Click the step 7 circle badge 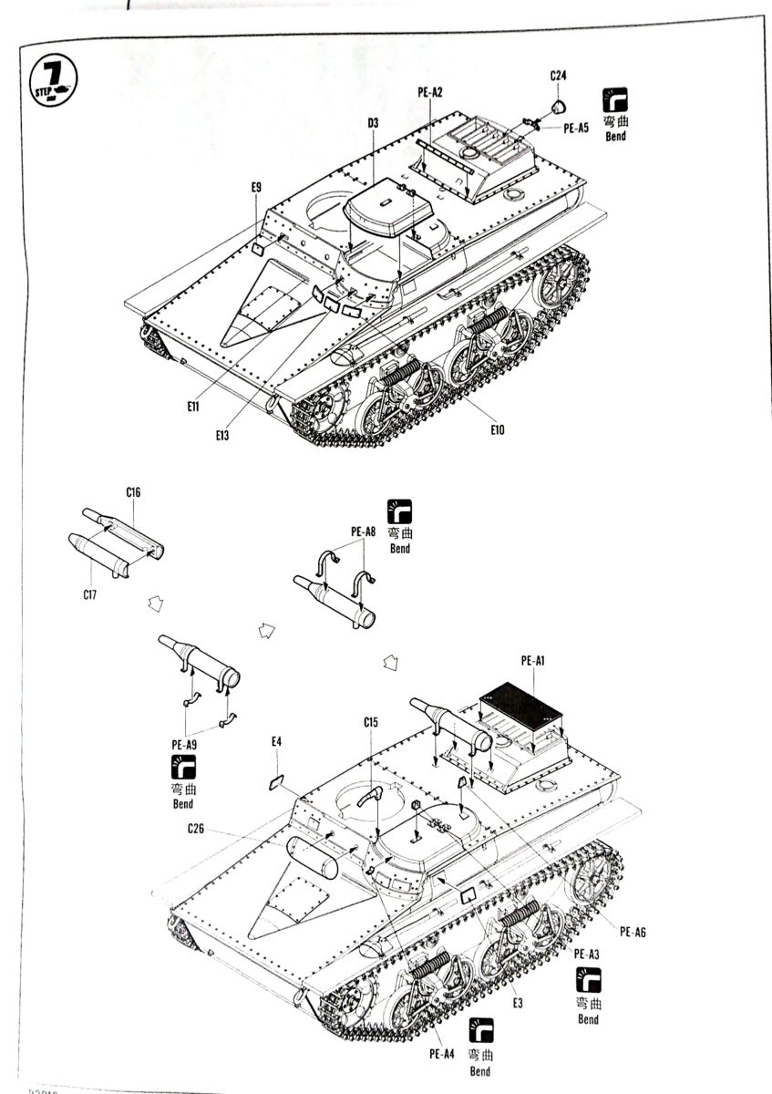[x=53, y=80]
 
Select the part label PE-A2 [x=429, y=92]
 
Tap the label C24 [x=559, y=76]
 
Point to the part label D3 [x=374, y=123]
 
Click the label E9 [x=257, y=187]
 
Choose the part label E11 [x=192, y=407]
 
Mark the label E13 [x=222, y=435]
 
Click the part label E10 [x=497, y=429]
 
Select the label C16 [x=133, y=492]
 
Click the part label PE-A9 [x=185, y=745]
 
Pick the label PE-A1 [x=533, y=660]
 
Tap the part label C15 [x=370, y=722]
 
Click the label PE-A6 [x=633, y=931]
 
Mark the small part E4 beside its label [x=277, y=781]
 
